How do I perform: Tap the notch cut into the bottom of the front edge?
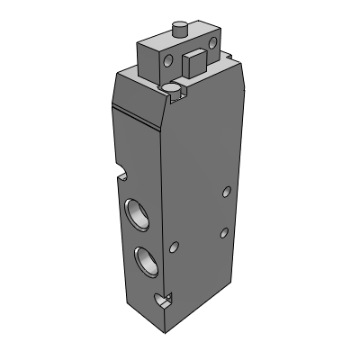coord(163,301)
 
